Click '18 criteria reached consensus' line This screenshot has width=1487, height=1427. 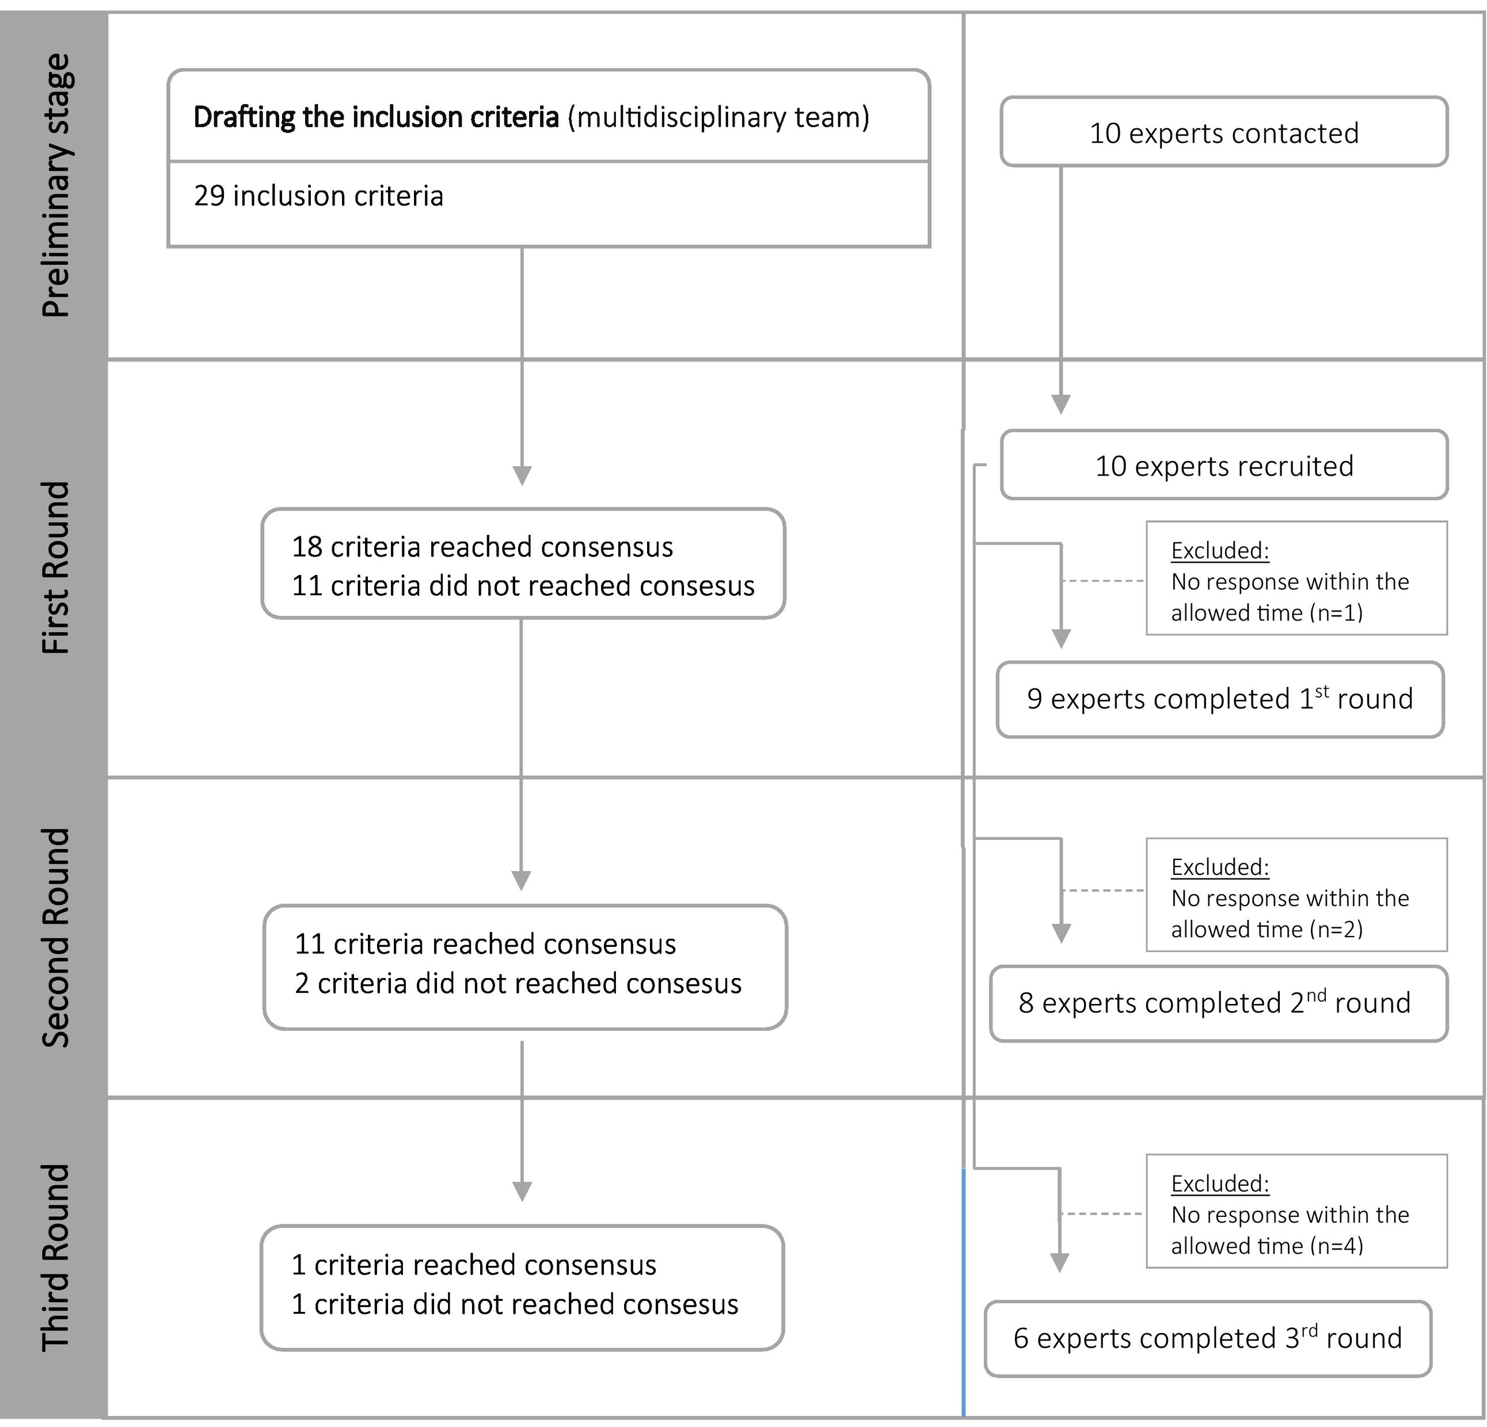(482, 547)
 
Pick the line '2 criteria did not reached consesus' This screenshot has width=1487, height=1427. (518, 983)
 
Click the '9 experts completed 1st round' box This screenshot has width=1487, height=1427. (1219, 699)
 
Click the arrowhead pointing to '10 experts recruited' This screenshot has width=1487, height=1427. (1060, 404)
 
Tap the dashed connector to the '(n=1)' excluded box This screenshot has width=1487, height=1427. (1103, 581)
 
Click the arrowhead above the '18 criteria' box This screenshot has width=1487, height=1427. (522, 475)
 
